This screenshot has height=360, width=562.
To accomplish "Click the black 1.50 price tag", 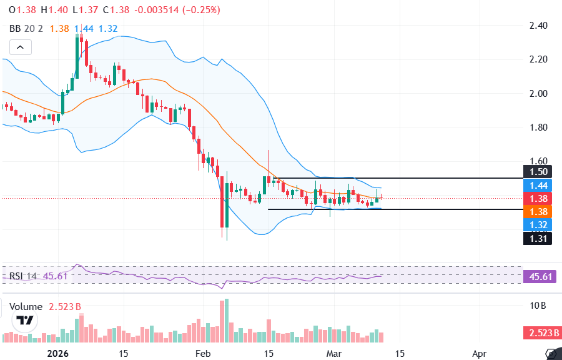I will (537, 172).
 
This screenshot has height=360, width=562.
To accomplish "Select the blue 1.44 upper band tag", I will (537, 185).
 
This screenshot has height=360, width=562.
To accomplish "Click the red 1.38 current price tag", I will (537, 198).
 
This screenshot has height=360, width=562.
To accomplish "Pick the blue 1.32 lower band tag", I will (537, 224).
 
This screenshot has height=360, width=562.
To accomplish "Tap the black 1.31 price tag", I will (537, 237).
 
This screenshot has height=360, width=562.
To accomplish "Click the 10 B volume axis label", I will (538, 306).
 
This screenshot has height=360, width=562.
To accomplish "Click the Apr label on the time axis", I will (479, 353).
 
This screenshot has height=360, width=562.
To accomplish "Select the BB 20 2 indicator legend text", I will (26, 29).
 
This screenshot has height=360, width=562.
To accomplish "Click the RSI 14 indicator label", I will (23, 276).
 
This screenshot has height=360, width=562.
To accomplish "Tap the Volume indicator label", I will (26, 307).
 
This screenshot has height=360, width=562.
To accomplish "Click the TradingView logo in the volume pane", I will (25, 321).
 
